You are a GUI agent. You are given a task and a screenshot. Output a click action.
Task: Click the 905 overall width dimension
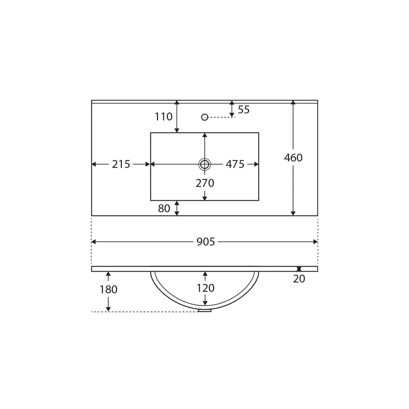click(x=206, y=242)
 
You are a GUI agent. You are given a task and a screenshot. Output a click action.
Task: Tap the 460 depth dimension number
click(x=293, y=158)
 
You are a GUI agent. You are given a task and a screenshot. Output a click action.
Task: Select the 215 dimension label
click(x=121, y=164)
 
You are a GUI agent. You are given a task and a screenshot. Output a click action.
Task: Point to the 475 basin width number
click(x=235, y=164)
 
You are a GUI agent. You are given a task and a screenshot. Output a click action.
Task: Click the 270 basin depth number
click(x=205, y=183)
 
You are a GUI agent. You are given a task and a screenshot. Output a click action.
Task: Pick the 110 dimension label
click(x=164, y=117)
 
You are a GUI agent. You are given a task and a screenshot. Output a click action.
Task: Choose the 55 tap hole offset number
click(x=243, y=110)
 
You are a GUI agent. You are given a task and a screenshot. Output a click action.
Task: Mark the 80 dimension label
click(x=164, y=208)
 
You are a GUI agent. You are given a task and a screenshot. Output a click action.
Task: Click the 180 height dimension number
click(x=108, y=290)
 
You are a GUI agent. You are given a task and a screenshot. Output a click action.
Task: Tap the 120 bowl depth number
click(x=205, y=288)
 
